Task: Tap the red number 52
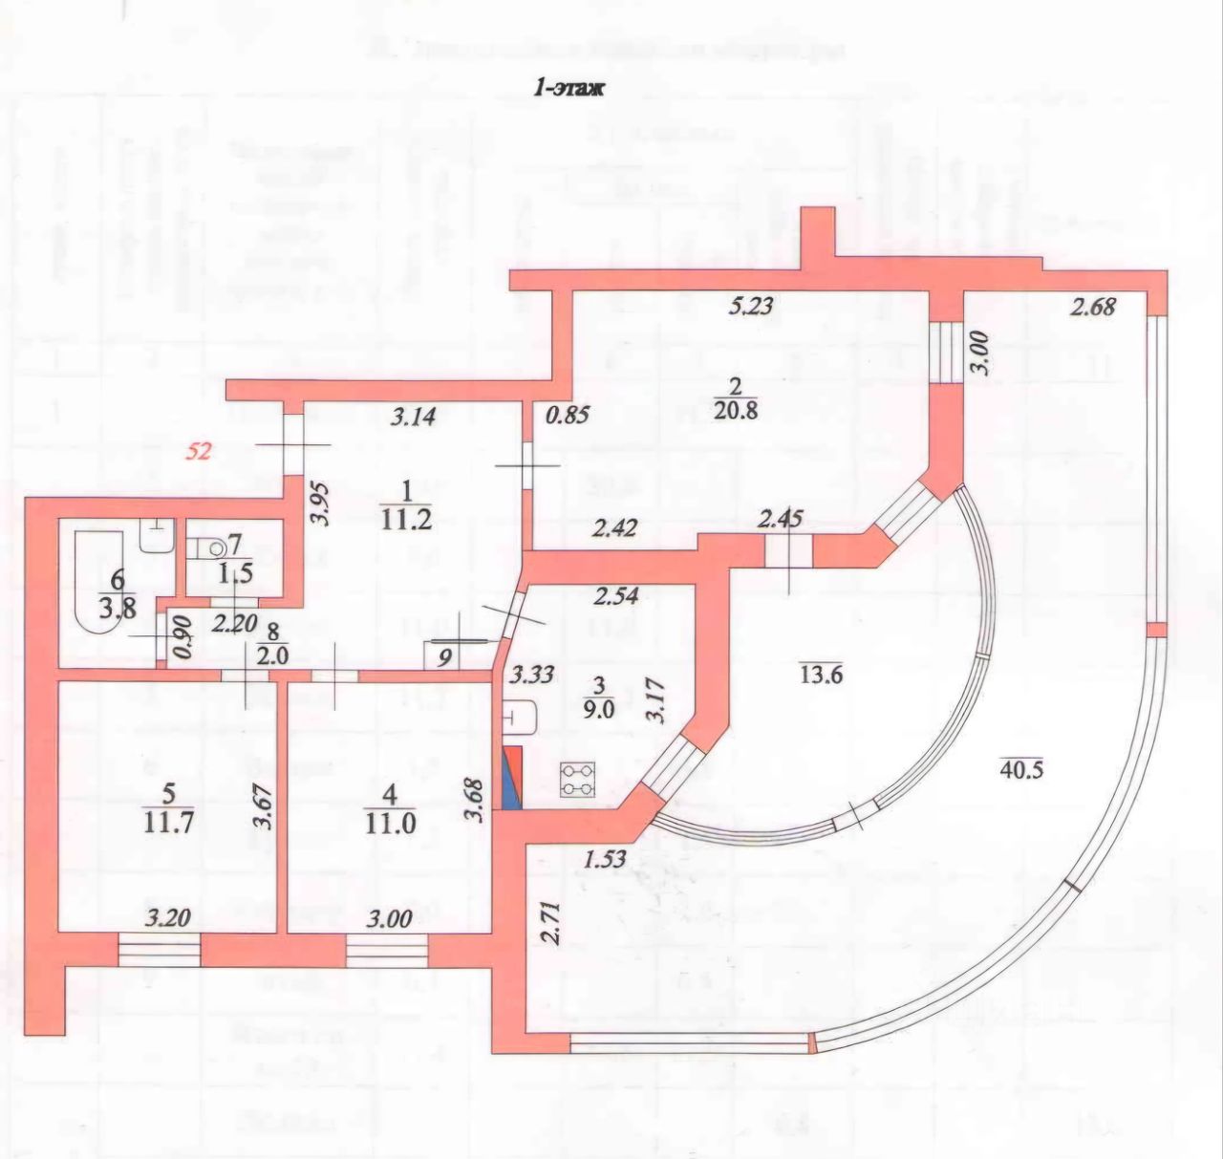(x=198, y=451)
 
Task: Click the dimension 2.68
(x=1093, y=307)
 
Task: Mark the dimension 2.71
(x=547, y=919)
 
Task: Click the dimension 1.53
(x=605, y=857)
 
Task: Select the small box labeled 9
(x=441, y=656)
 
